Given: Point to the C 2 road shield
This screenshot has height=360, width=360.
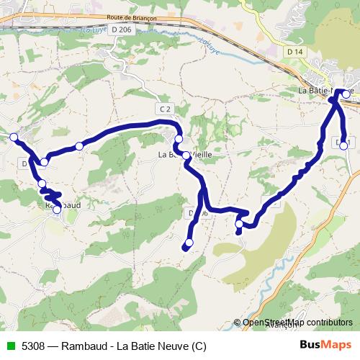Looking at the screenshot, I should (x=166, y=108).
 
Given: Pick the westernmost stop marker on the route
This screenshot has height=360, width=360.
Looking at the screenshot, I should (x=13, y=136).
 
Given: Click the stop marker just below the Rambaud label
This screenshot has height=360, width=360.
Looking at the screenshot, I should (x=57, y=210).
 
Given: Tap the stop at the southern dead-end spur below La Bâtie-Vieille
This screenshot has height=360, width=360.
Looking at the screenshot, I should (x=190, y=242).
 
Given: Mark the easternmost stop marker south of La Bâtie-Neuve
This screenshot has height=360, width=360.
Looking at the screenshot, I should (x=343, y=145).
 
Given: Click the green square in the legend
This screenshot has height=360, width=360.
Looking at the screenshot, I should (x=10, y=346).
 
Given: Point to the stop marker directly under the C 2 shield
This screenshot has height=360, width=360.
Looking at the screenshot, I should (x=179, y=139).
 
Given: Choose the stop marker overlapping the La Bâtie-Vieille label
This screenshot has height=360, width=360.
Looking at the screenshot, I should (x=186, y=155).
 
